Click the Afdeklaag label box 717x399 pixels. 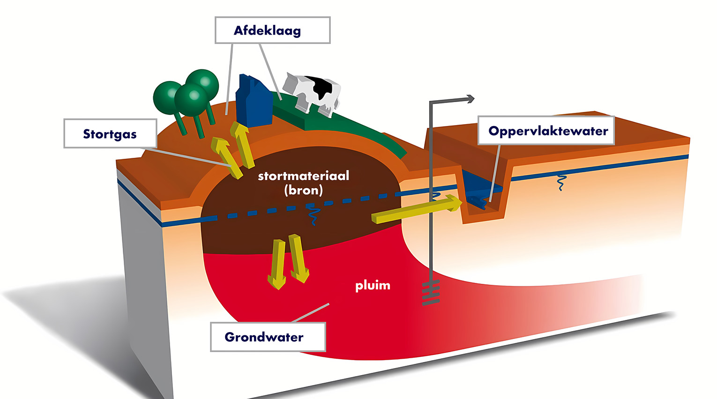click(x=272, y=30)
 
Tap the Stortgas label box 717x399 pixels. click(x=110, y=134)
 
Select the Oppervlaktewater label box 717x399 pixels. click(x=546, y=131)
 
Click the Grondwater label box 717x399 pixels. click(x=268, y=337)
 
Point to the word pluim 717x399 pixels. click(x=373, y=285)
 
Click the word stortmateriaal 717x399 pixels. click(x=304, y=176)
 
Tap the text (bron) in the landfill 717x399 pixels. click(x=304, y=190)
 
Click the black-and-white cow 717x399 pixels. click(x=312, y=91)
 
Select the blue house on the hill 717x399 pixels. click(x=253, y=101)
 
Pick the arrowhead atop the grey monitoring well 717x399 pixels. click(x=470, y=98)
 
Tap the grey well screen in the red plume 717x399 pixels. click(x=431, y=293)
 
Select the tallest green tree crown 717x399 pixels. click(x=203, y=83)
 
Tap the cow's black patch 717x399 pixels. click(x=324, y=88)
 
